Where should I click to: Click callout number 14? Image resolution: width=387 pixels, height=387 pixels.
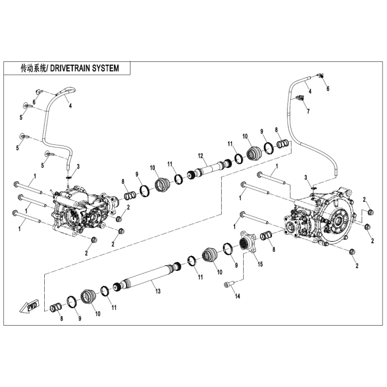click(238, 297)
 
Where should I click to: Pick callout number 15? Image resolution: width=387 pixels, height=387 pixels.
click(260, 264)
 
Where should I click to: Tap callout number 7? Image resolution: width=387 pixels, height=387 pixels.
click(308, 111)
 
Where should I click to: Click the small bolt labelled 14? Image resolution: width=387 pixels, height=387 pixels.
click(229, 285)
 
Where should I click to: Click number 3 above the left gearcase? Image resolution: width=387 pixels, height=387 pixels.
click(78, 166)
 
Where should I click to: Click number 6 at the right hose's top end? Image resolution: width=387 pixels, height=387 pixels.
click(327, 88)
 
